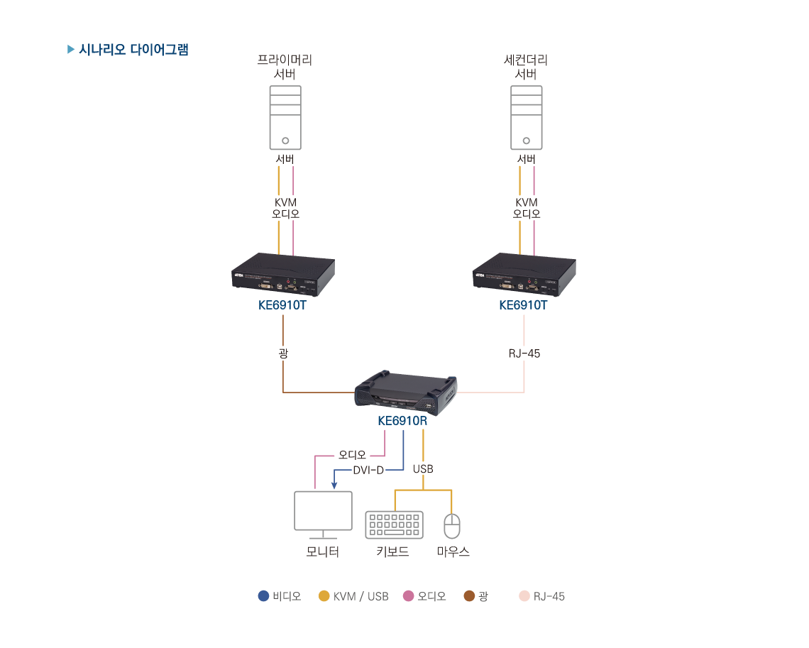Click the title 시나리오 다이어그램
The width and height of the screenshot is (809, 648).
click(x=133, y=50)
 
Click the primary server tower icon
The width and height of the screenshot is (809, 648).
click(x=285, y=117)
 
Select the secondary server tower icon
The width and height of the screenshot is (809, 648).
click(x=526, y=117)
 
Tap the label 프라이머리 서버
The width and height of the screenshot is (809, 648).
click(x=285, y=67)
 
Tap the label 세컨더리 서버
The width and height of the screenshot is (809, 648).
click(x=526, y=67)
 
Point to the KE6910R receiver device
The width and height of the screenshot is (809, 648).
click(x=406, y=393)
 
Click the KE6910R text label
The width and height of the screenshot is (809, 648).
click(x=402, y=421)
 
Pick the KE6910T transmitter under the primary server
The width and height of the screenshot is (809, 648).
click(x=283, y=275)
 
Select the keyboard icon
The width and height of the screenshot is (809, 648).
click(x=394, y=525)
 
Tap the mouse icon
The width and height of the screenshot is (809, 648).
click(x=452, y=526)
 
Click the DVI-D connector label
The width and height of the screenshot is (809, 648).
click(x=368, y=470)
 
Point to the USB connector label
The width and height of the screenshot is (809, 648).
click(x=423, y=469)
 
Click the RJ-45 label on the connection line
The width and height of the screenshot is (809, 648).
click(x=524, y=353)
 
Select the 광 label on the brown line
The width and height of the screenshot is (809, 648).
click(x=283, y=353)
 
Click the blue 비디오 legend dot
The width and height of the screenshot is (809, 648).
click(x=263, y=596)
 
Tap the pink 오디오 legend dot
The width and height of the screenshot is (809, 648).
click(x=408, y=596)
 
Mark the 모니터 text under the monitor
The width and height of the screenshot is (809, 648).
click(x=323, y=551)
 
